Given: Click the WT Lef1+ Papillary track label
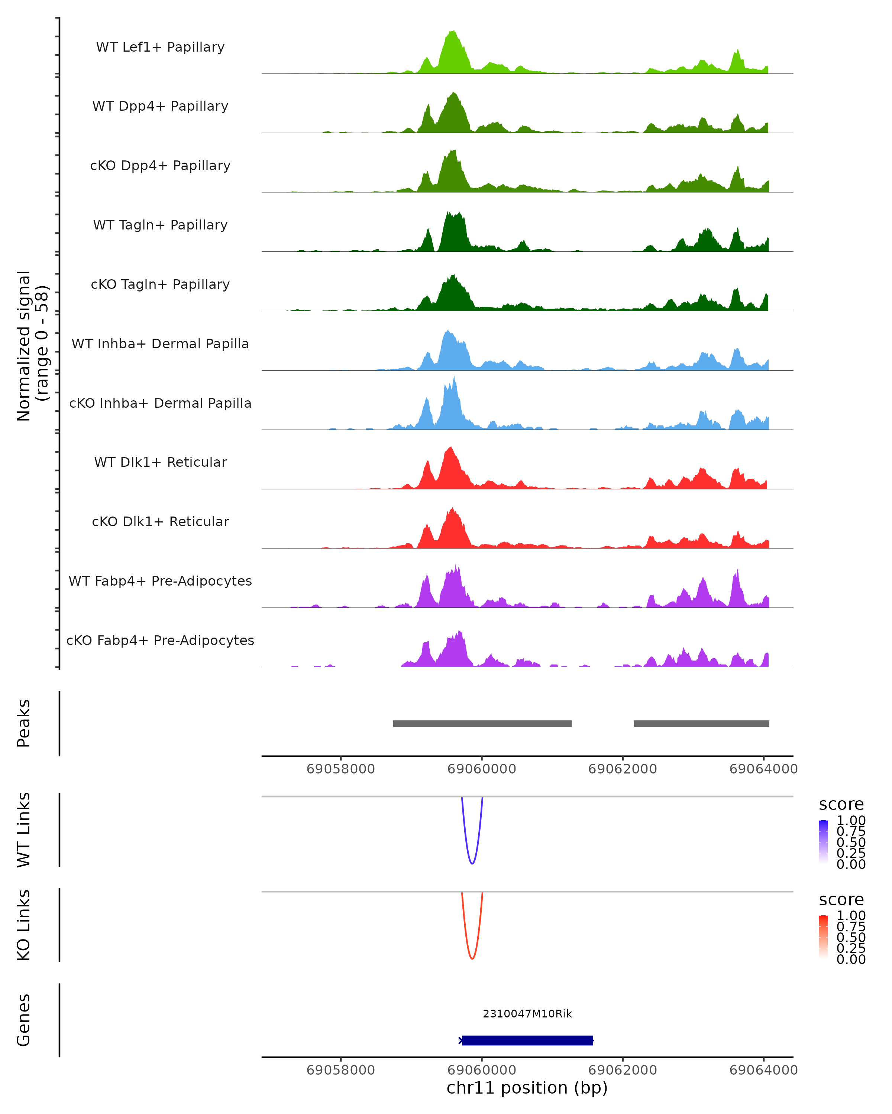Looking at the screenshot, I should pyautogui.click(x=160, y=47).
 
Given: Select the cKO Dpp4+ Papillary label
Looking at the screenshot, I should pyautogui.click(x=160, y=165).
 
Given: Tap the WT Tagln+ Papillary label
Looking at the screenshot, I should pyautogui.click(x=160, y=225).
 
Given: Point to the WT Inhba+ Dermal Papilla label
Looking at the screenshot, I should pyautogui.click(x=160, y=343).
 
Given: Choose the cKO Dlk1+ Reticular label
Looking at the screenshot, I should pyautogui.click(x=160, y=521).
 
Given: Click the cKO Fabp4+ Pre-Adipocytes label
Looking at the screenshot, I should pyautogui.click(x=160, y=640).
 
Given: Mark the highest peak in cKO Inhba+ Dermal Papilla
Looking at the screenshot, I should pyautogui.click(x=454, y=380).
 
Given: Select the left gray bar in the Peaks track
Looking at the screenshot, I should pyautogui.click(x=482, y=723).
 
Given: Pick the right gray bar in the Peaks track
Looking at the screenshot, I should pyautogui.click(x=701, y=723).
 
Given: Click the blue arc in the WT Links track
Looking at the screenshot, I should pyautogui.click(x=472, y=863).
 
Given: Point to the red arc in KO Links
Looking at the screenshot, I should pyautogui.click(x=472, y=958).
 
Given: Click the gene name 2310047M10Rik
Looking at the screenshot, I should pyautogui.click(x=527, y=1014).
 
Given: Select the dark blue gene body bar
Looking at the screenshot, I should pyautogui.click(x=527, y=1040).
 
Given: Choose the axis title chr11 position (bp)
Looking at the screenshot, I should pyautogui.click(x=527, y=1088).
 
